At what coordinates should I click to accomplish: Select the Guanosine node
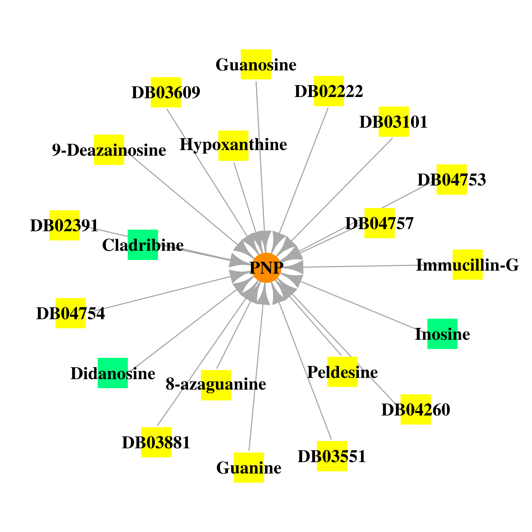(256, 64)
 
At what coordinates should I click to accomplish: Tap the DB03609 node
(166, 92)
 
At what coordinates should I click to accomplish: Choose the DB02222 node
(329, 91)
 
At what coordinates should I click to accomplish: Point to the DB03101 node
(394, 122)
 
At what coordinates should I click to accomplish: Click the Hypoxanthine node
(233, 146)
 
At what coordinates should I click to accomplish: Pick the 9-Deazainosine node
(109, 150)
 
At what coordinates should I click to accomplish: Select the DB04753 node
(452, 179)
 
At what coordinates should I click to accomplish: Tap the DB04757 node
(379, 223)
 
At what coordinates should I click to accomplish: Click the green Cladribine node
(143, 245)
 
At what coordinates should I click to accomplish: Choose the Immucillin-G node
(468, 265)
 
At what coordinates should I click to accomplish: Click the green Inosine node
(442, 334)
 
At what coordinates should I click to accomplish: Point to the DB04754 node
(71, 313)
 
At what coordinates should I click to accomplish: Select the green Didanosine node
(113, 373)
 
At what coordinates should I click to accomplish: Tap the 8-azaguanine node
(216, 385)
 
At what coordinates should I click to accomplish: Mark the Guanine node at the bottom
(249, 468)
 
